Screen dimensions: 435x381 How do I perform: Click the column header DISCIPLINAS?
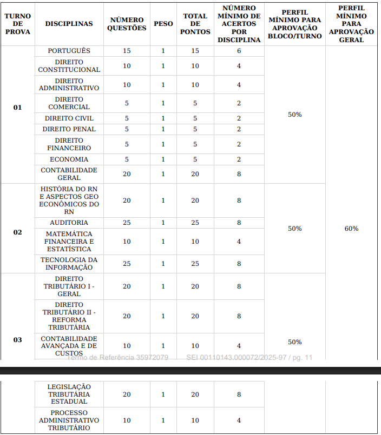click(69, 24)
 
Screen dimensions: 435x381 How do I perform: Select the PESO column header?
click(163, 24)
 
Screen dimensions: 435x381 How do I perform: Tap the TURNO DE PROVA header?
click(18, 24)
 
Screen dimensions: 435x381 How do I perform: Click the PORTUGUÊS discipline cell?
click(69, 51)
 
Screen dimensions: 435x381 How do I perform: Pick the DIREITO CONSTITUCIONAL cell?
click(69, 66)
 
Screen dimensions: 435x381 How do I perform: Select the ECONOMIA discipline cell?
click(69, 159)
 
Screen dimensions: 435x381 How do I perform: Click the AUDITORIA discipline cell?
click(69, 223)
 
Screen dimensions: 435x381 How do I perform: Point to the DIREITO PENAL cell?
click(69, 129)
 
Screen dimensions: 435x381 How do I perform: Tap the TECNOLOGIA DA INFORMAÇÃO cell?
click(69, 264)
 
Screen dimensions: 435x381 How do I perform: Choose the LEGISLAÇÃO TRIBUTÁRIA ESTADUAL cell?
click(69, 394)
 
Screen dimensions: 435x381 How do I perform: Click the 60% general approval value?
click(351, 229)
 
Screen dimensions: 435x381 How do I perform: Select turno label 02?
click(18, 232)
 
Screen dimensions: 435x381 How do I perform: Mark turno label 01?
click(18, 108)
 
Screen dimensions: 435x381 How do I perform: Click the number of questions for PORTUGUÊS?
click(127, 51)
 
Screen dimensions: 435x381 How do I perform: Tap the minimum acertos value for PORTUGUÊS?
click(239, 51)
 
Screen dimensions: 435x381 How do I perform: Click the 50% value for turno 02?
click(294, 229)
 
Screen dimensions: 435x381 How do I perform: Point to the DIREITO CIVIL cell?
click(69, 118)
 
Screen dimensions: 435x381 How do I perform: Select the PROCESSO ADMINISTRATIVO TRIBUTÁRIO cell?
click(69, 420)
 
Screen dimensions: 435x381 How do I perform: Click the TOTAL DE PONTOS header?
click(195, 24)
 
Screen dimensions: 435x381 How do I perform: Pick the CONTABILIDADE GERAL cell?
click(69, 174)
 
